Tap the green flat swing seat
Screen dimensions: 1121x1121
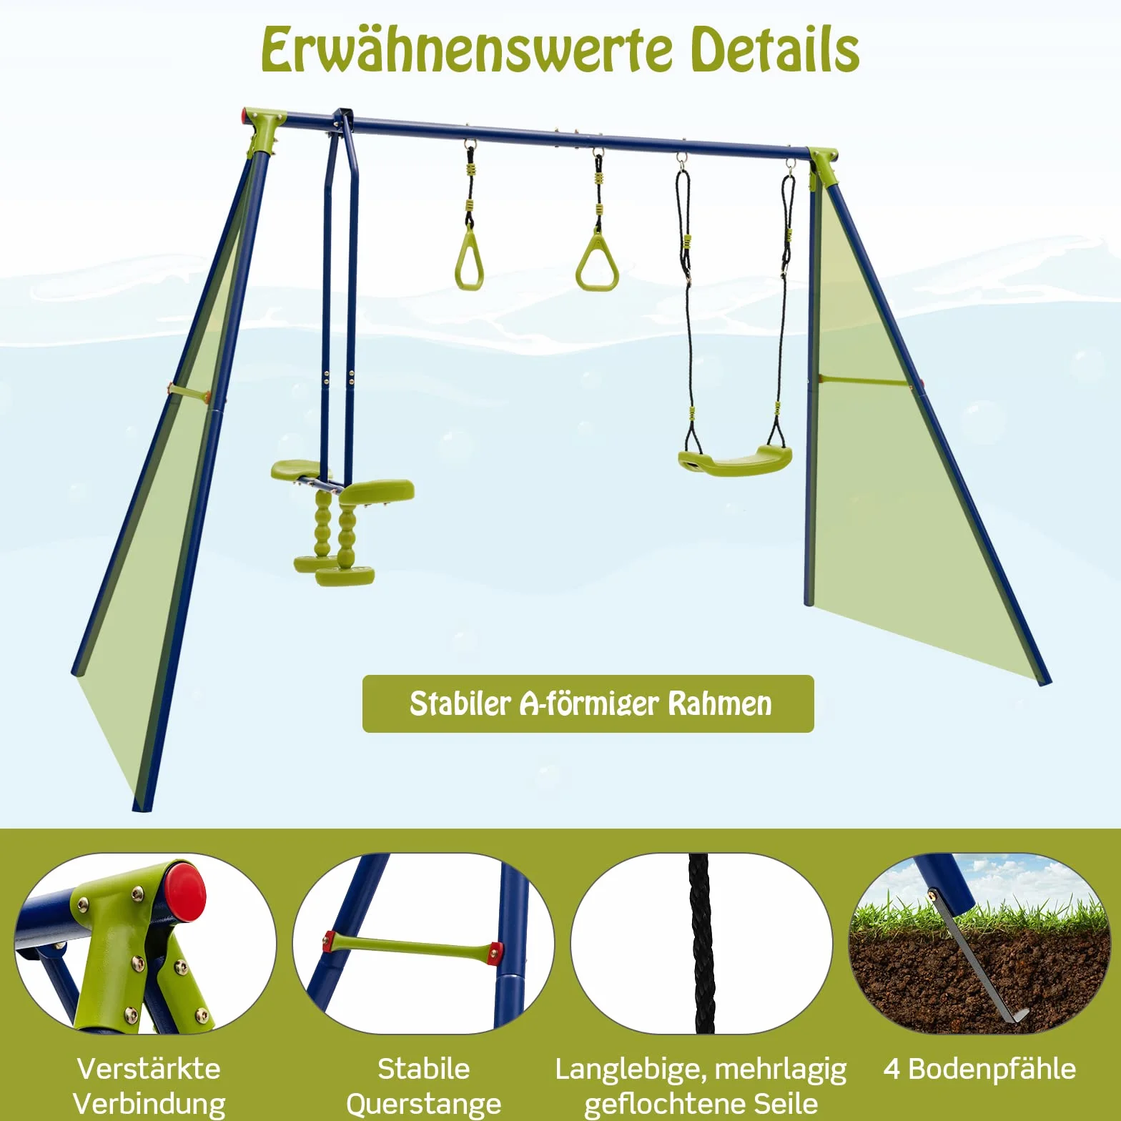(735, 460)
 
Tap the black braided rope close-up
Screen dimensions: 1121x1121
(702, 943)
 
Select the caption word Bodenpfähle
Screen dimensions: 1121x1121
(992, 1069)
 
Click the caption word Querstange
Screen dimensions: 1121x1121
(424, 1104)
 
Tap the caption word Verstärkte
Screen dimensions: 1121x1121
(149, 1069)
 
